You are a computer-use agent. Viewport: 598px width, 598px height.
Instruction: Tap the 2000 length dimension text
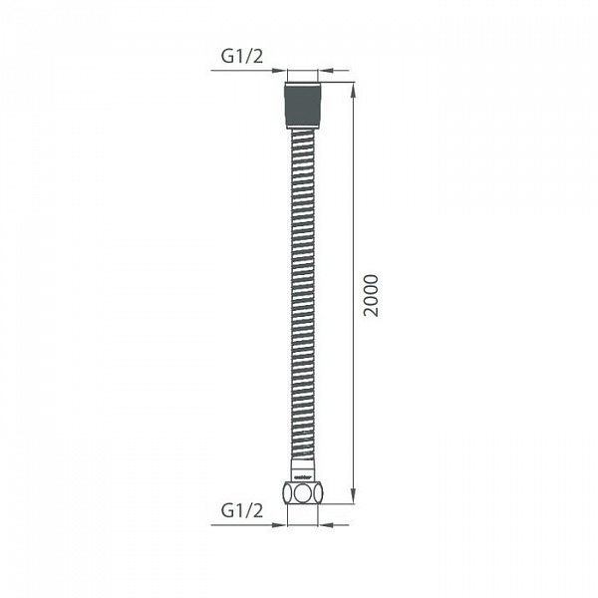click(x=371, y=294)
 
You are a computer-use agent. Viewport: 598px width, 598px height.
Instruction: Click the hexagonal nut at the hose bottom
click(x=303, y=491)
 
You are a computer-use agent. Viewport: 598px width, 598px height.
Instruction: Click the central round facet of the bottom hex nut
click(x=303, y=492)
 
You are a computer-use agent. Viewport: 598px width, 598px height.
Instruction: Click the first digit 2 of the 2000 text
click(x=371, y=312)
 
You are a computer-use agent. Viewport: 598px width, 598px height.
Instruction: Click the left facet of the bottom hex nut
click(x=289, y=492)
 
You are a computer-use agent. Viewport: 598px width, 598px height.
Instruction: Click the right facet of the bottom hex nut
click(x=317, y=492)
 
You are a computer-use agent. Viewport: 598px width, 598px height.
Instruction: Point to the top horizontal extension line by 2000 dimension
click(x=339, y=83)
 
